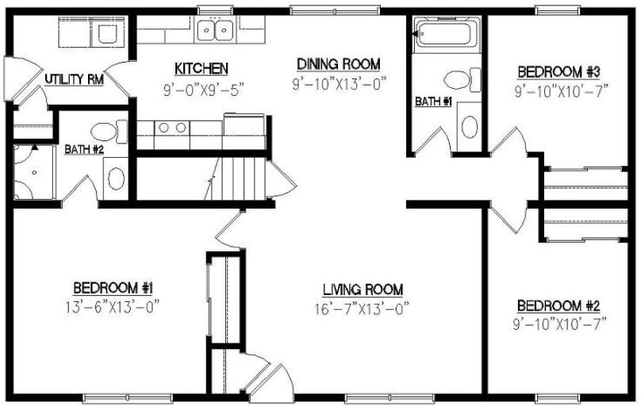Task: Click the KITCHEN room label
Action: click(x=202, y=69)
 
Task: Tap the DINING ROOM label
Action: click(x=339, y=63)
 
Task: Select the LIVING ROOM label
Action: click(x=363, y=289)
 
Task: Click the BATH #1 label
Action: click(x=433, y=101)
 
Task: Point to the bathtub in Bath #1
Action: click(x=447, y=35)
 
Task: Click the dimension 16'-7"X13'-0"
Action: click(x=363, y=308)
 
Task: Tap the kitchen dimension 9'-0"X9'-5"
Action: click(x=202, y=89)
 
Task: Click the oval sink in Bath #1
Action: click(x=469, y=127)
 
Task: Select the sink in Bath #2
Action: click(x=116, y=176)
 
